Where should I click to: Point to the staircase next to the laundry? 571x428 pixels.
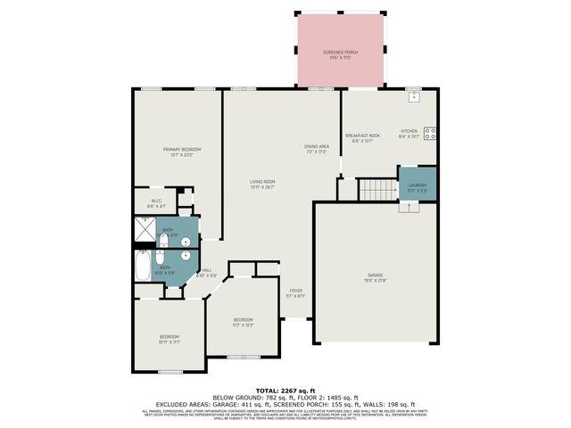pos(376,189)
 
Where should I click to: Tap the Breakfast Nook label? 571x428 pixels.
pos(366,137)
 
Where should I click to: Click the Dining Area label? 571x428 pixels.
pos(318,148)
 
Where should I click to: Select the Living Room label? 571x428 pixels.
pos(262,185)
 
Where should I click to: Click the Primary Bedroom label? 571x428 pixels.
pos(181,151)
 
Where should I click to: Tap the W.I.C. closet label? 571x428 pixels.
pos(156,202)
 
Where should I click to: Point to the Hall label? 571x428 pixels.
pos(206,273)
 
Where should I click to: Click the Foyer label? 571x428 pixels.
pos(296,292)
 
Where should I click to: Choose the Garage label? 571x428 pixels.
pos(376,277)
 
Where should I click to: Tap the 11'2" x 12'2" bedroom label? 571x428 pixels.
pos(244,322)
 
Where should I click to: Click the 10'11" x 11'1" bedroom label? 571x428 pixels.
pos(170,339)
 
